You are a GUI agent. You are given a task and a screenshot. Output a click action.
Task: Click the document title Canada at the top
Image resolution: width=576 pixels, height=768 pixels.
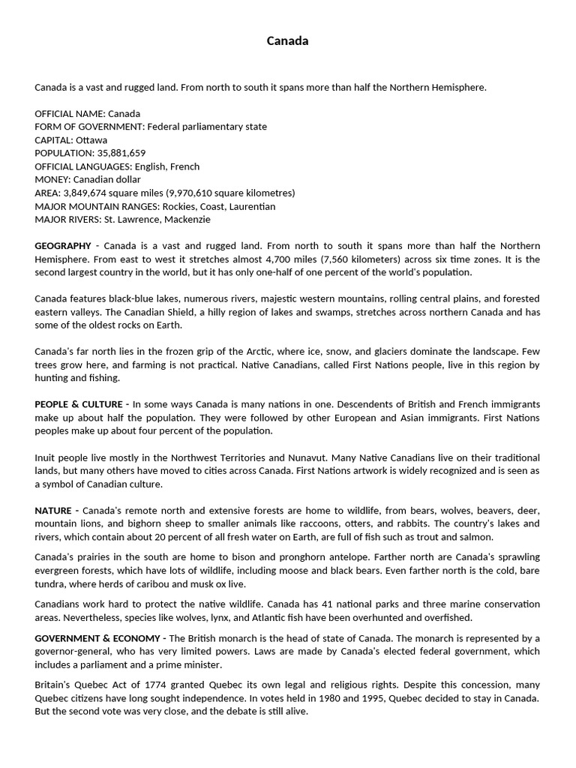click(287, 41)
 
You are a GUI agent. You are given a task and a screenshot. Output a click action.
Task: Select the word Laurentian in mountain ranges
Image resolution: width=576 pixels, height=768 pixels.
click(250, 206)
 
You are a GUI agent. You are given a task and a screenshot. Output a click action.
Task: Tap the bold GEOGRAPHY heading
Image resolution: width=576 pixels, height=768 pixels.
click(63, 246)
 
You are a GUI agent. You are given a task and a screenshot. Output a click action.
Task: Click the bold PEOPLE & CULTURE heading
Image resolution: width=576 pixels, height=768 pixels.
click(81, 404)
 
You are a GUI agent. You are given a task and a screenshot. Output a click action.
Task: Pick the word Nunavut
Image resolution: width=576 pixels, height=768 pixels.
click(306, 457)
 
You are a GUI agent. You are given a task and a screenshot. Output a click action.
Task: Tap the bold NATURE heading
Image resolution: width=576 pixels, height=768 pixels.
click(53, 511)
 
